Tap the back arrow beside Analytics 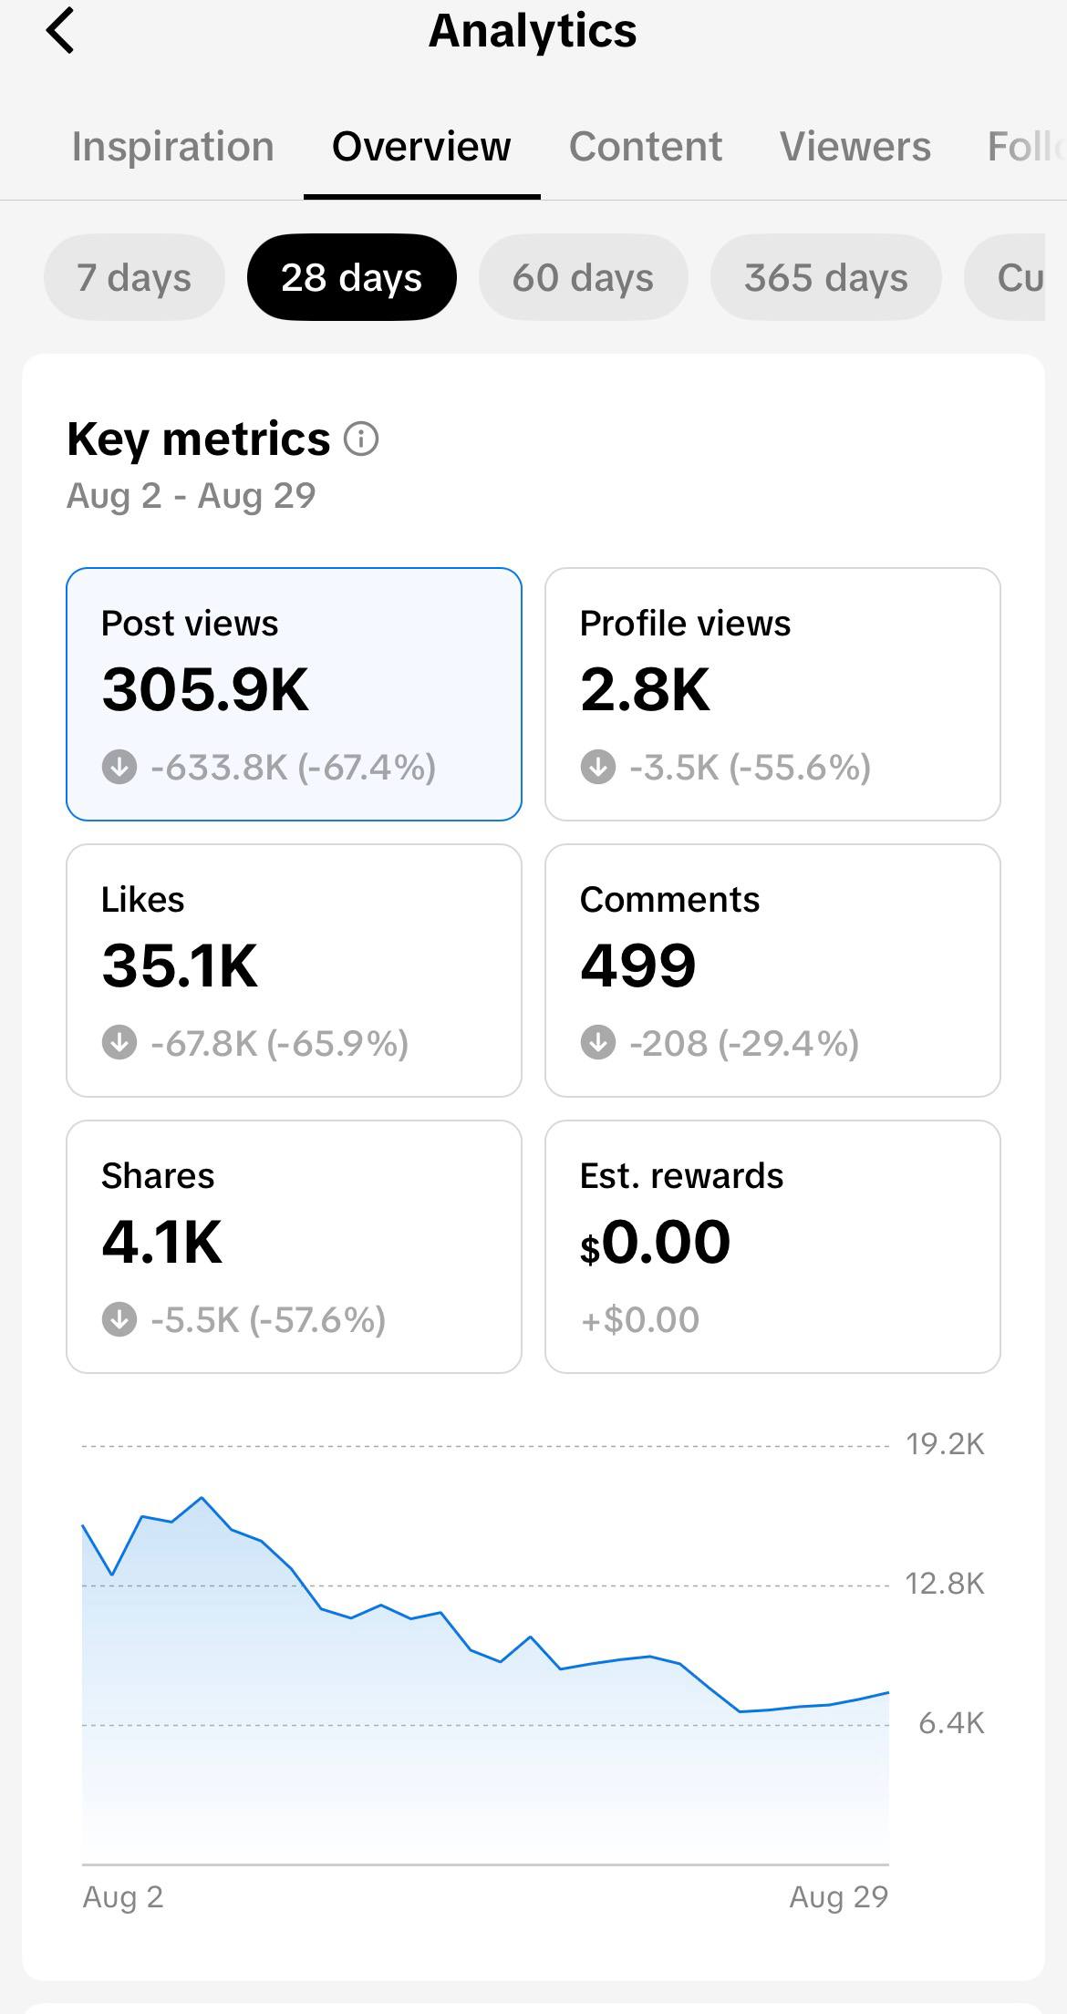[60, 31]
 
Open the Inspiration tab [173, 147]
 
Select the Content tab [646, 147]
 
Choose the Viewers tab [855, 147]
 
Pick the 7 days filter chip [134, 277]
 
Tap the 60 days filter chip [583, 277]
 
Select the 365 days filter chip [826, 277]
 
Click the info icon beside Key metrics [361, 439]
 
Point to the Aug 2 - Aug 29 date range [192, 496]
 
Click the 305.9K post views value [205, 690]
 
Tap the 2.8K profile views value [645, 690]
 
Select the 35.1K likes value [180, 966]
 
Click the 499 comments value [638, 966]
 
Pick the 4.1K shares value [161, 1243]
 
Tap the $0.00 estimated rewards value [655, 1243]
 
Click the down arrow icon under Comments [598, 1043]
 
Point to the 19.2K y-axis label [945, 1444]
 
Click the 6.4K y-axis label [951, 1723]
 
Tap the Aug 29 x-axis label [838, 1897]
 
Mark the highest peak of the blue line [202, 1498]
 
